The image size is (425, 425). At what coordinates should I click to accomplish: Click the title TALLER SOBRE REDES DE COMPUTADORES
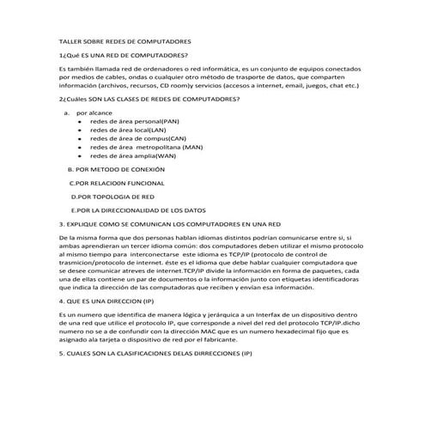coord(124,40)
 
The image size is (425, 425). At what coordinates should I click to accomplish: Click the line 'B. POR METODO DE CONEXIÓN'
coord(115,170)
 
